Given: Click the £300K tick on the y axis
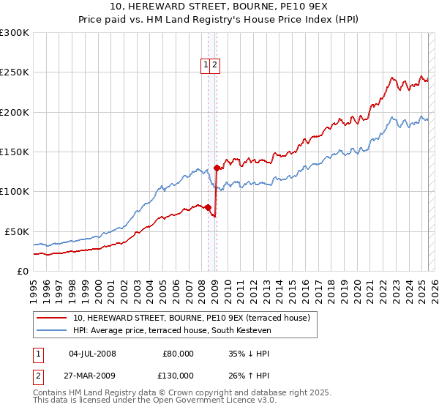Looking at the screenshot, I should (x=15, y=33).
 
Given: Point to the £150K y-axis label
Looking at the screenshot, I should (x=15, y=152).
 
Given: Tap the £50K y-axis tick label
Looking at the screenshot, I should (x=17, y=231).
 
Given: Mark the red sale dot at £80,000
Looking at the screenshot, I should (x=208, y=207).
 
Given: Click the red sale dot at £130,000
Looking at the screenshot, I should (x=217, y=168).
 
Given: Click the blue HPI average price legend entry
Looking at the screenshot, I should (x=172, y=331).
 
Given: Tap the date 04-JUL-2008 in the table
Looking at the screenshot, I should (x=92, y=354).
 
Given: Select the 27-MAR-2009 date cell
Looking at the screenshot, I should (x=92, y=376).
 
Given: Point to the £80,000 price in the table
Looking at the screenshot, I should (x=178, y=354).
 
